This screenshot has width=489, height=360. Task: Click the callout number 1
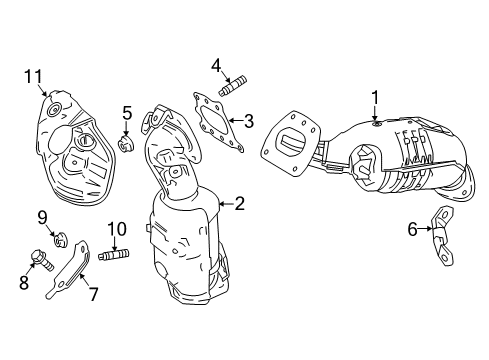[375, 98]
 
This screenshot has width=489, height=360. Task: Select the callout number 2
[239, 204]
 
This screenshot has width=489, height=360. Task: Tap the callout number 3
[249, 121]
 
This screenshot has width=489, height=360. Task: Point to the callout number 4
[215, 67]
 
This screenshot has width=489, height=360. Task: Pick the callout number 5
[127, 112]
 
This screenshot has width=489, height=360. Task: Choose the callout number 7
[93, 294]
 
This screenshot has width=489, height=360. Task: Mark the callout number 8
[24, 282]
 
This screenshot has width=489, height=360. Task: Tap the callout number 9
[43, 217]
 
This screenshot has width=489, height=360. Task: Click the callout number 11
[35, 75]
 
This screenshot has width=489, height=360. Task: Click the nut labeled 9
[59, 239]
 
